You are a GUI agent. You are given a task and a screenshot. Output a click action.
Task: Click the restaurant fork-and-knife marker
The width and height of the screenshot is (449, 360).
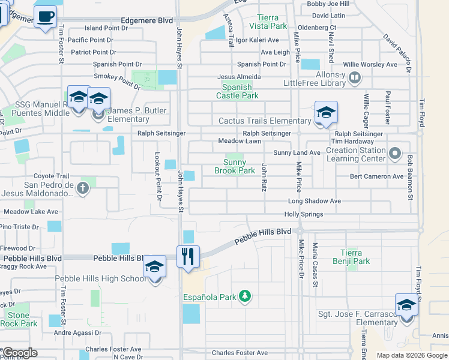[188, 257]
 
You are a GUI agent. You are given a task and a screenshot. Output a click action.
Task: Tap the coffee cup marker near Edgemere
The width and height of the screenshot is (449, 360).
[45, 17]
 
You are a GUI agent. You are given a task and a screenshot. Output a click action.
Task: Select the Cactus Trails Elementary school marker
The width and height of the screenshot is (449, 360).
[326, 113]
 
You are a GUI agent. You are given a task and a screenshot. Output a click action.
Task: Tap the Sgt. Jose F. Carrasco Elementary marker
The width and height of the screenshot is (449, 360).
[406, 305]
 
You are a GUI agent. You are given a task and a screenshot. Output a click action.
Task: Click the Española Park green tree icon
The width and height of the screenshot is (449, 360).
[244, 296]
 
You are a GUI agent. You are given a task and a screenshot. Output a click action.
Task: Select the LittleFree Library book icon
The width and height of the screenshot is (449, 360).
[354, 77]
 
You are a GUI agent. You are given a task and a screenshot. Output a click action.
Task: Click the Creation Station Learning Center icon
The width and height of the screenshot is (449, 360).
[394, 154]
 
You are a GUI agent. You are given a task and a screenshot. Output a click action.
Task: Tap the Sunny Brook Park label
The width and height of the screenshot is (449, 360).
[235, 166]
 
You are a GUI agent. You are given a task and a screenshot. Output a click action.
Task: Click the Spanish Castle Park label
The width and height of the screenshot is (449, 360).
[237, 91]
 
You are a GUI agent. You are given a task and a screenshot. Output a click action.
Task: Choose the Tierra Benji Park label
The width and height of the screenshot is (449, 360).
[351, 257]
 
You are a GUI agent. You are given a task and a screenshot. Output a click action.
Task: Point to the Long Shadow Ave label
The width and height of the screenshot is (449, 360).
[314, 201]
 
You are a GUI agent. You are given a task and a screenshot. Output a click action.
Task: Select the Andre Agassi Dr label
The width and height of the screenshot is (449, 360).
[78, 332]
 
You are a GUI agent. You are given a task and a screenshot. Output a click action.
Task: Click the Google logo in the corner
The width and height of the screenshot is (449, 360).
[20, 353]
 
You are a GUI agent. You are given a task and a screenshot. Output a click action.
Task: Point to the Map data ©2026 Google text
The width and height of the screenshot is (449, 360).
[411, 355]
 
